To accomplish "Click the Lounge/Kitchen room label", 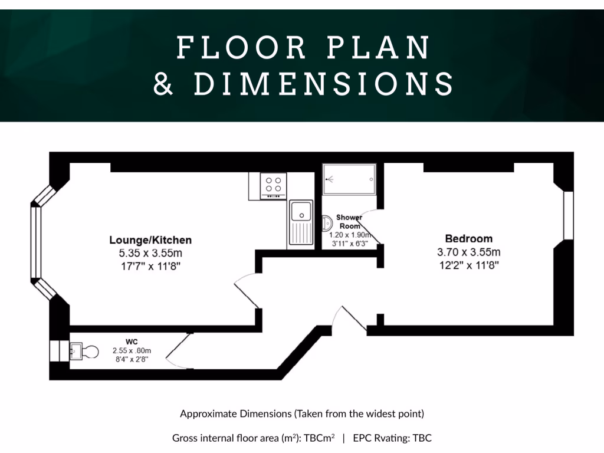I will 150,240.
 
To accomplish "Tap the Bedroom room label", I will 468,239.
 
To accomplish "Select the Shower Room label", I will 349,222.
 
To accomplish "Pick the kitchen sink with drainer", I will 301,224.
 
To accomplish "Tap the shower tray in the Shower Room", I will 349,175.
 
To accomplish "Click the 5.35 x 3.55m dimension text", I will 150,253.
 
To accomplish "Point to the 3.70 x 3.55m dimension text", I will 468,252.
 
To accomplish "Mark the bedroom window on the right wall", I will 568,215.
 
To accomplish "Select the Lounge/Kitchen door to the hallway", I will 247,291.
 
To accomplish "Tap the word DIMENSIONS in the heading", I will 324,84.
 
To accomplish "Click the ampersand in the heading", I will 163,84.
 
